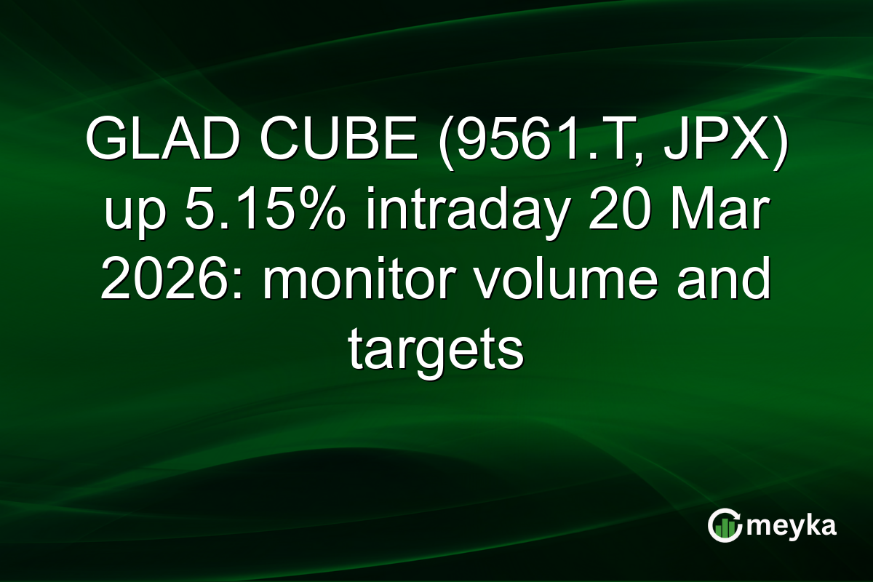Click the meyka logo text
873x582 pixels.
[x=792, y=525]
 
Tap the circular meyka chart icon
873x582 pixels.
[x=724, y=525]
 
